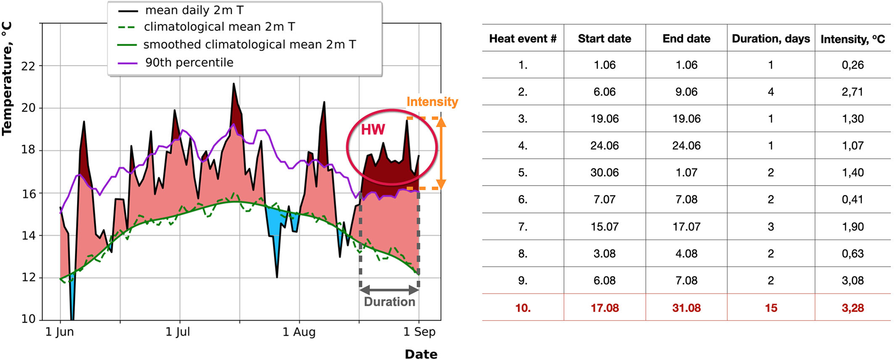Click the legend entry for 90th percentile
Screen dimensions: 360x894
pos(189,63)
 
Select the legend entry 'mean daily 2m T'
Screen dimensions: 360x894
pos(194,10)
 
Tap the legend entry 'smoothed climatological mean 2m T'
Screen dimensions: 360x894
pos(249,45)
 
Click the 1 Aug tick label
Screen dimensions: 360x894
pos(299,332)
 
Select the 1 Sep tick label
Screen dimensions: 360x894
pos(419,332)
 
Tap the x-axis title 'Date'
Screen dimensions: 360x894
pos(421,354)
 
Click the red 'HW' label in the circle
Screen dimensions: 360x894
pos(373,129)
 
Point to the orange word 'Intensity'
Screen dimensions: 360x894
pos(432,102)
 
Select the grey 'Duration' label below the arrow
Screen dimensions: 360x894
pos(389,302)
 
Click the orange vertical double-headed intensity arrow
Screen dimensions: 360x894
pos(441,153)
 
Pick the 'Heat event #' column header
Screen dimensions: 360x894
pos(522,39)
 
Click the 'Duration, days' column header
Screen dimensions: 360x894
pos(771,39)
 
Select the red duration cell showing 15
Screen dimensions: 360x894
pos(771,308)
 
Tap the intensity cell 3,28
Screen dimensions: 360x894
pos(852,308)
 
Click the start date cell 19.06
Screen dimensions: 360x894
pos(604,119)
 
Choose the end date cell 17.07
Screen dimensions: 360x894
pos(686,227)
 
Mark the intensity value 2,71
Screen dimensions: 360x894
pos(852,92)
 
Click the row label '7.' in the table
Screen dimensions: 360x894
pos(522,227)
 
